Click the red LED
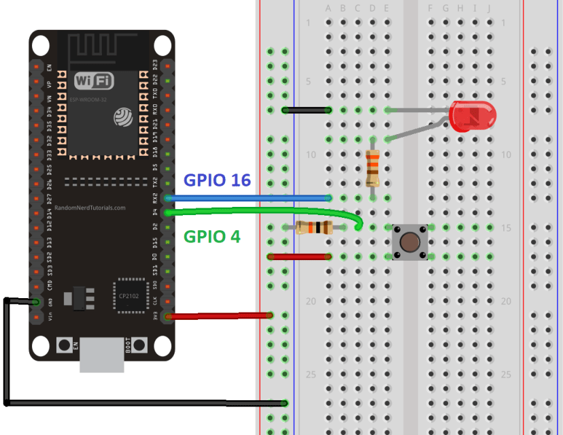[x=473, y=116]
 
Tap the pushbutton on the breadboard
[x=409, y=241]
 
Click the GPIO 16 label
[x=218, y=180]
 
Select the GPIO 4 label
[x=212, y=237]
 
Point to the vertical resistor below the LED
[x=372, y=167]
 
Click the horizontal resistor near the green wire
[x=314, y=227]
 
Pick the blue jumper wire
[x=248, y=198]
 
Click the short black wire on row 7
[x=306, y=110]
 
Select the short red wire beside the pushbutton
[x=299, y=257]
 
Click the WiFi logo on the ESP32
[x=94, y=81]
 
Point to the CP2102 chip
[x=129, y=295]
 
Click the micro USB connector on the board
[x=102, y=355]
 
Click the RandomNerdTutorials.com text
[x=90, y=208]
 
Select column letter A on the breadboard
[x=328, y=8]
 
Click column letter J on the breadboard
[x=490, y=8]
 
